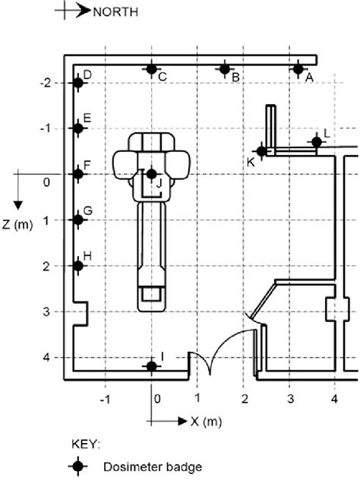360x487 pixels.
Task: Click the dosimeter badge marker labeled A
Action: click(298, 69)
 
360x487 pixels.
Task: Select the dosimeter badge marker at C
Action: click(152, 69)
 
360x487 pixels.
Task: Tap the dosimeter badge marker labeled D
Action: click(78, 83)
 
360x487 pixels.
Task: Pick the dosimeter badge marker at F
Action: click(78, 174)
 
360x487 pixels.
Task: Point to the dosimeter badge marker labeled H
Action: click(78, 266)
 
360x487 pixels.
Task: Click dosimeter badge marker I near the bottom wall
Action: click(152, 366)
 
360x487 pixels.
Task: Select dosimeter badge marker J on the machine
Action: click(152, 174)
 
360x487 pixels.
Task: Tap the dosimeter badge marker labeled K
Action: click(262, 151)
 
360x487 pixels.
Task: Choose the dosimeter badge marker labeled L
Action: click(317, 142)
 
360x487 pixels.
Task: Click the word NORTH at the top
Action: click(115, 12)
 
